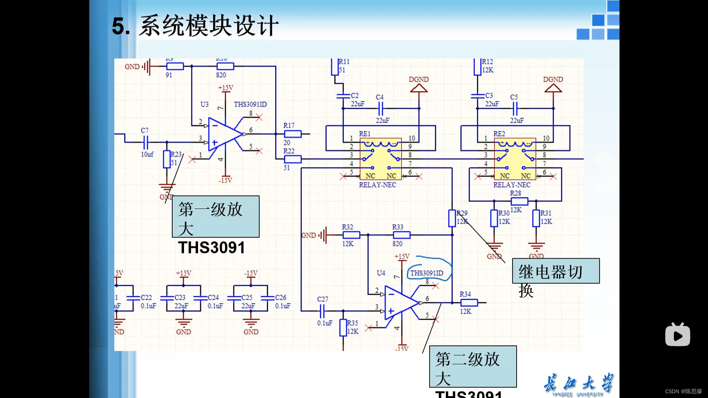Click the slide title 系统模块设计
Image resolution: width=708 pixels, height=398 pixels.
[208, 26]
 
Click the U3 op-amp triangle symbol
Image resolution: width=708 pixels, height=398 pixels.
[223, 134]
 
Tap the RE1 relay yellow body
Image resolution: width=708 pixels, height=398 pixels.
[381, 159]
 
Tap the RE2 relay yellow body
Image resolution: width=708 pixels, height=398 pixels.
[515, 159]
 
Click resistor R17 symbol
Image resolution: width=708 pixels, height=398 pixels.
[293, 134]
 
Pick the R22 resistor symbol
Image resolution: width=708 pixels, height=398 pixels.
[293, 159]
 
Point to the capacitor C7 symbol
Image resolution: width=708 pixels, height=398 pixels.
[146, 142]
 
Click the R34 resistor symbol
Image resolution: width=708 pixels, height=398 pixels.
[469, 303]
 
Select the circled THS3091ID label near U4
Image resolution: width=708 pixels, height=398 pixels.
[427, 273]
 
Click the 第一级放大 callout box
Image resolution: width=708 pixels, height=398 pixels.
[216, 217]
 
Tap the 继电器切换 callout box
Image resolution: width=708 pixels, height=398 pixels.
[556, 271]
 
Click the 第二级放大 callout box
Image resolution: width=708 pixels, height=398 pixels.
[473, 367]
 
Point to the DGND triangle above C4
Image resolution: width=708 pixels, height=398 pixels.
[419, 89]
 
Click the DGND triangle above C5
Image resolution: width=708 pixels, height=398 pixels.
[553, 89]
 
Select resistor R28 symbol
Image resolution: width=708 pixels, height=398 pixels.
[519, 201]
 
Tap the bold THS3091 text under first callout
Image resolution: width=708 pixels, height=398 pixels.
[212, 248]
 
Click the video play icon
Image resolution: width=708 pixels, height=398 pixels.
[677, 335]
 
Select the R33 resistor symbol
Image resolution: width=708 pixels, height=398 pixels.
[401, 235]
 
